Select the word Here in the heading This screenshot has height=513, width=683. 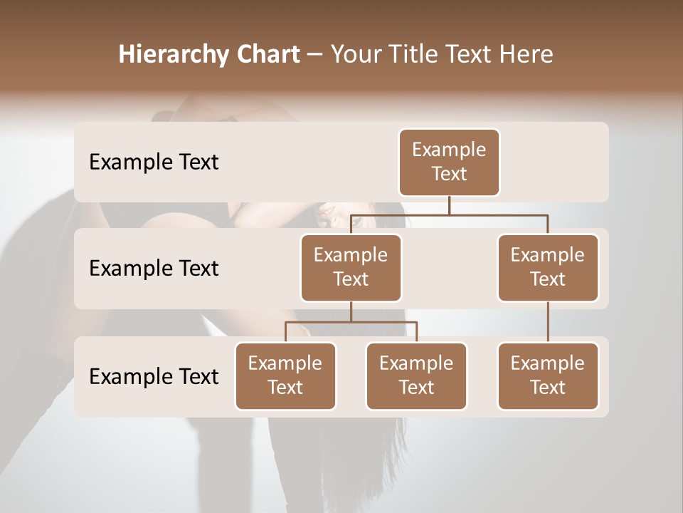[526, 55]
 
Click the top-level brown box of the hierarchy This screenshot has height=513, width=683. [449, 162]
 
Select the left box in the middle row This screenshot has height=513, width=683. [351, 268]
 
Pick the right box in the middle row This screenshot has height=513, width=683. [548, 268]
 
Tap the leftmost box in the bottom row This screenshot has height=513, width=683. [285, 376]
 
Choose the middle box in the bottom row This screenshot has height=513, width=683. [416, 376]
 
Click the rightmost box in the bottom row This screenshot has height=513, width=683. [548, 376]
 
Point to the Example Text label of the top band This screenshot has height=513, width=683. [154, 162]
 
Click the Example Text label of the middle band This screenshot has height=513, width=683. [154, 269]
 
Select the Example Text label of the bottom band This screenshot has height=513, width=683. [154, 376]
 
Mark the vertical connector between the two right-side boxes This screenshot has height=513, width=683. [548, 322]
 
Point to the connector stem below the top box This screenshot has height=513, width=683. [449, 205]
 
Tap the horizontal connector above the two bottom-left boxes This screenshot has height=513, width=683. [351, 322]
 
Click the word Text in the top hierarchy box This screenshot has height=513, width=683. [449, 174]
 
